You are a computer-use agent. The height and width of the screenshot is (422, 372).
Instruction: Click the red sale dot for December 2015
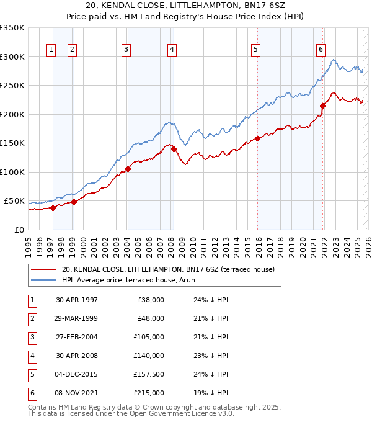point(258,138)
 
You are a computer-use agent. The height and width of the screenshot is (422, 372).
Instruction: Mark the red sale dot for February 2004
point(128,169)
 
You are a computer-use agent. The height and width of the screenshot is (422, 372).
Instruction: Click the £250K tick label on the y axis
point(12,86)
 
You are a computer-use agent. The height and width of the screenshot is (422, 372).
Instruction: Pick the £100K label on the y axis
point(12,173)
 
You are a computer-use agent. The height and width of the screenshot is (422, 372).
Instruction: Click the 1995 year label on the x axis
point(29,245)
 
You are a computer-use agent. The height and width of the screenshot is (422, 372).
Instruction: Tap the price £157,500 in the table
point(149,375)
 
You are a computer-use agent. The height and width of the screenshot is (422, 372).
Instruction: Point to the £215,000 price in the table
point(149,393)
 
